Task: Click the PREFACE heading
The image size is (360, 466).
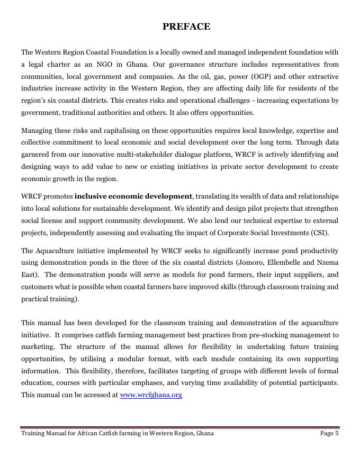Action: pyautogui.click(x=186, y=26)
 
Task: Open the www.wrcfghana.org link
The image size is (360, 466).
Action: pyautogui.click(x=151, y=395)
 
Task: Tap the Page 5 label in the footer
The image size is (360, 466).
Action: pyautogui.click(x=329, y=433)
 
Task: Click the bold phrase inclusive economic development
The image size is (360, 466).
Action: pyautogui.click(x=133, y=196)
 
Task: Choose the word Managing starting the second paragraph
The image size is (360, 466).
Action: pyautogui.click(x=36, y=130)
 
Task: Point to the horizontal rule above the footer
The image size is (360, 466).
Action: pyautogui.click(x=180, y=427)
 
